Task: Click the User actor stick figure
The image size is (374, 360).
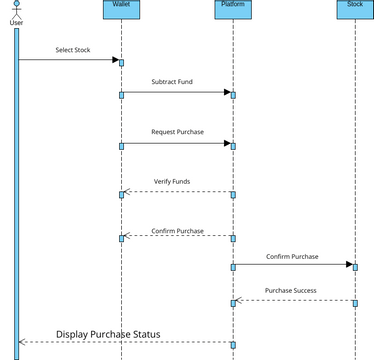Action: [16, 8]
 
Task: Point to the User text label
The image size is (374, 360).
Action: [16, 22]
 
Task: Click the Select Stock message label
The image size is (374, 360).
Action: [72, 50]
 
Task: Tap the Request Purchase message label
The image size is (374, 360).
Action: [176, 132]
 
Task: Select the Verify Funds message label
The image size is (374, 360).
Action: [172, 182]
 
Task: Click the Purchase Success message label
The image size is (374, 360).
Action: [292, 290]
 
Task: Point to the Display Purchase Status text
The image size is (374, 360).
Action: [108, 334]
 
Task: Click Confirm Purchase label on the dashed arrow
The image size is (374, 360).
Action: [177, 231]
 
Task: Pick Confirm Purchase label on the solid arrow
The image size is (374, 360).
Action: [292, 256]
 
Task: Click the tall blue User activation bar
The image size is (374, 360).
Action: [17, 190]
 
